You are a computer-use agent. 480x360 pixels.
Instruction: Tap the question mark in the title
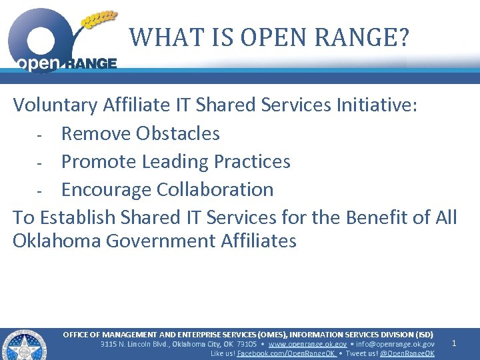coord(401,37)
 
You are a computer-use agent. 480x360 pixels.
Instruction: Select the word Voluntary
coord(55,105)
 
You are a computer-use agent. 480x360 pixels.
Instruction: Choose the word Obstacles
coord(177,133)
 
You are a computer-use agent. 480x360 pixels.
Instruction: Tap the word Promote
coord(101,161)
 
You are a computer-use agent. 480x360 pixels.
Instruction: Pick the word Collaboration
coord(215,189)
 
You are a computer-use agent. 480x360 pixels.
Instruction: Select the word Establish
coord(84,217)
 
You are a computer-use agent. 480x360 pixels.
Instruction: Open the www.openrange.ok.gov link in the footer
coord(307,344)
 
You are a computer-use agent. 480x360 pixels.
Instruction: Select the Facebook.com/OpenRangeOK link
coord(286,353)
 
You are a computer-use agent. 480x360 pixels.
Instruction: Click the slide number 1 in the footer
coord(454,343)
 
